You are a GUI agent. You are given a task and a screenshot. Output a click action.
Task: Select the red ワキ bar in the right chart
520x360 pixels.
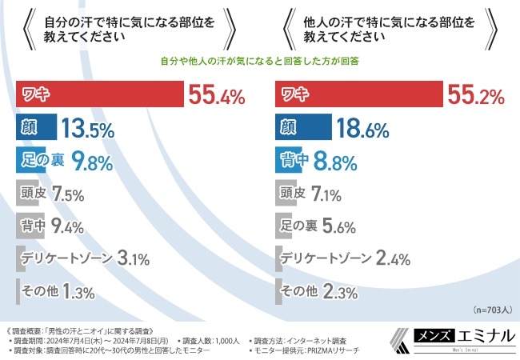[359, 95]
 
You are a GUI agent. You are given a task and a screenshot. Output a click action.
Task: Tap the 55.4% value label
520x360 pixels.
[217, 97]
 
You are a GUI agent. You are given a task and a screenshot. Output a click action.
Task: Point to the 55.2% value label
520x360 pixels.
[475, 97]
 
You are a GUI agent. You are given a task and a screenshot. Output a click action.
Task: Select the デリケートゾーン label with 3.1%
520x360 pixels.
[67, 258]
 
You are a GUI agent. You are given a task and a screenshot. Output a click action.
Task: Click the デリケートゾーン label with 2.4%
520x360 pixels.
[325, 258]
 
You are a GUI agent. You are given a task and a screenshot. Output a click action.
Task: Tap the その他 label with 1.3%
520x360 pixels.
[38, 290]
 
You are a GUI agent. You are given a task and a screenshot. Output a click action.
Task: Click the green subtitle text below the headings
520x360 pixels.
[260, 60]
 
